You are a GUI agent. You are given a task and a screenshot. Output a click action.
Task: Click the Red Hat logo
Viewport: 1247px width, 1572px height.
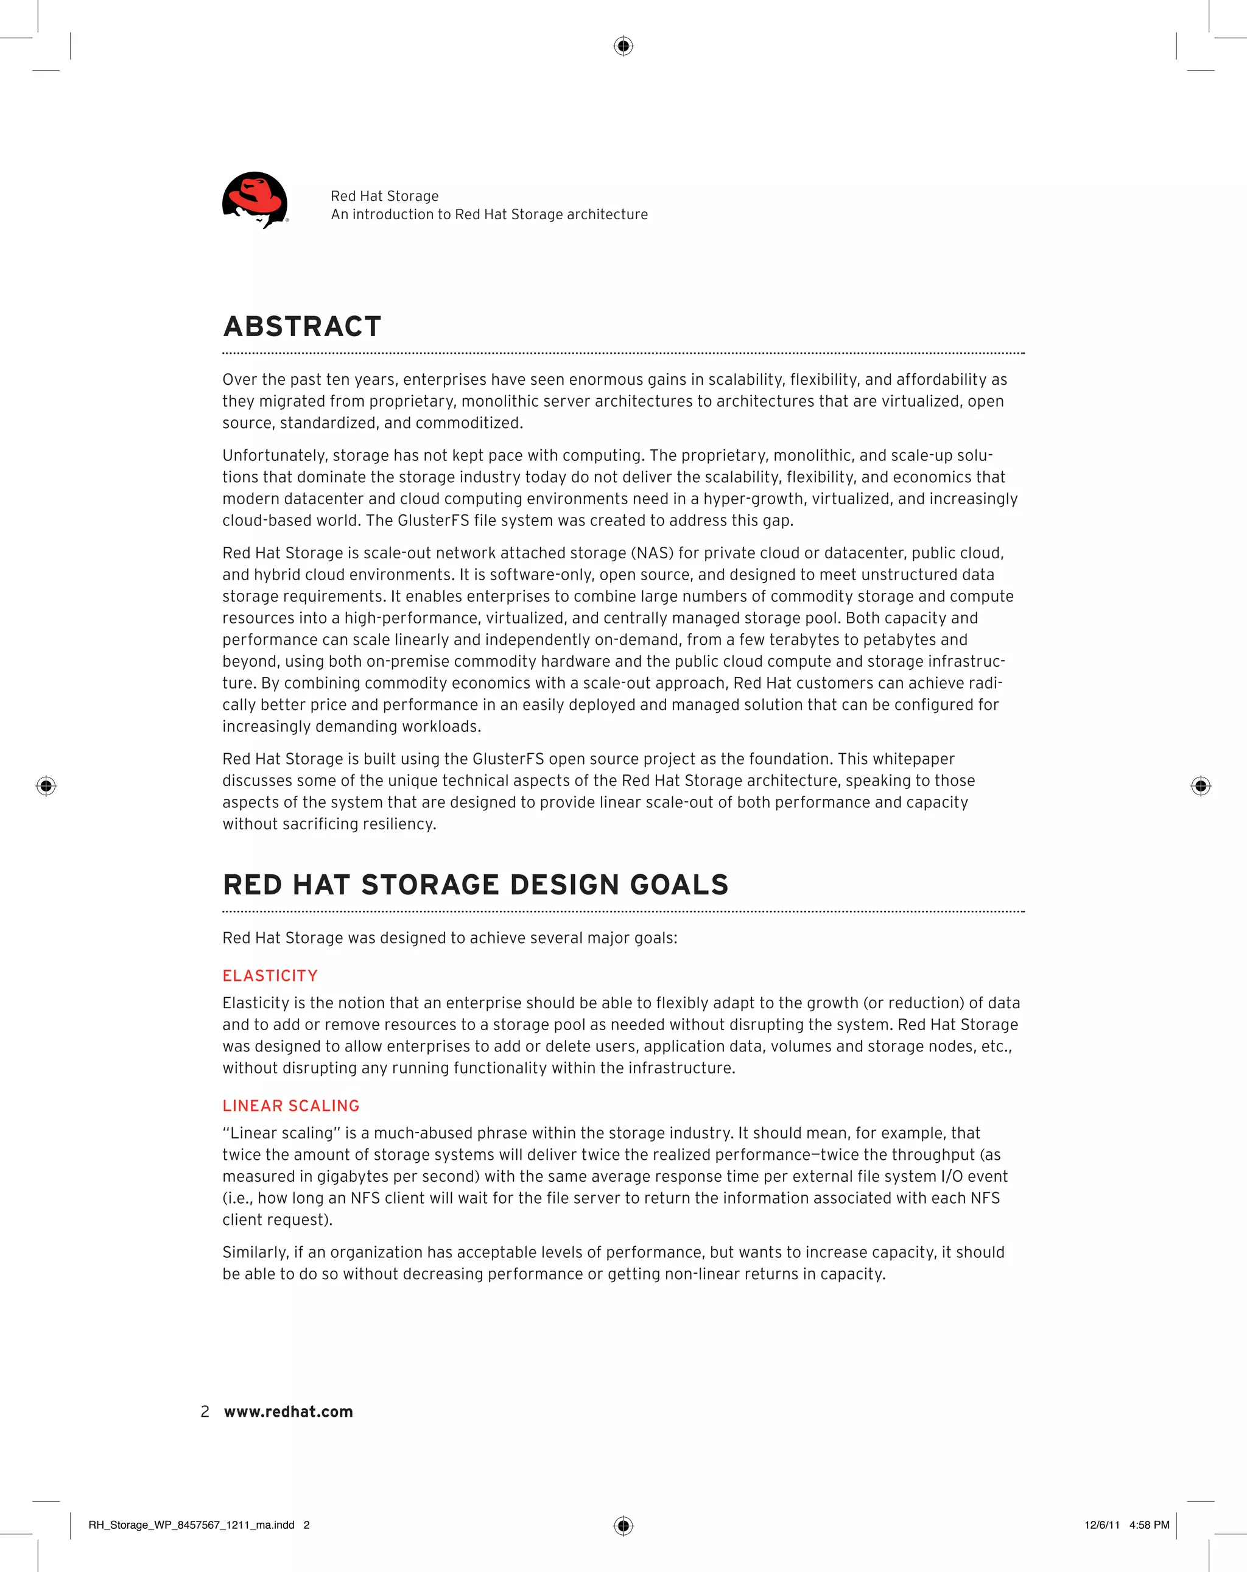click(x=255, y=200)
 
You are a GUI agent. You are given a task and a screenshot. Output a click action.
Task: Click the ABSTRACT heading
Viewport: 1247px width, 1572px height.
click(x=302, y=327)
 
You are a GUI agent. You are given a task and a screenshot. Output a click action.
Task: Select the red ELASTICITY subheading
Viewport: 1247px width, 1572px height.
click(x=270, y=975)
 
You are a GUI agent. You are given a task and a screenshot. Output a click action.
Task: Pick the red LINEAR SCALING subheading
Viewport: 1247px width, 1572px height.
click(x=291, y=1106)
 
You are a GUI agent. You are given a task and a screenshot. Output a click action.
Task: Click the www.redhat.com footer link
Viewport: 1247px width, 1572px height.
click(x=288, y=1412)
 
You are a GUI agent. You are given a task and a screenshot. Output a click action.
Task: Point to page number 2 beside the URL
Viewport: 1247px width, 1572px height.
click(x=205, y=1412)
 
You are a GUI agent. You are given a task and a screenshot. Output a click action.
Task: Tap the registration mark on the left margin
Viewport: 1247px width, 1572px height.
click(x=46, y=786)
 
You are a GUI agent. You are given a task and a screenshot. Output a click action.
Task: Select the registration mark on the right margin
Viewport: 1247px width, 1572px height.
click(x=1200, y=786)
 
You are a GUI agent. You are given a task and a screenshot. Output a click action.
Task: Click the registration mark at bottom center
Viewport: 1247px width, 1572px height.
click(x=623, y=1525)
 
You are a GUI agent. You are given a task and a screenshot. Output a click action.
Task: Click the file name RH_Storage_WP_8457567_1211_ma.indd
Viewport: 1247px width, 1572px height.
click(x=191, y=1525)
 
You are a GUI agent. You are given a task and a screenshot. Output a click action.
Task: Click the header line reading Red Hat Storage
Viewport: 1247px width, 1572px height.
click(x=384, y=196)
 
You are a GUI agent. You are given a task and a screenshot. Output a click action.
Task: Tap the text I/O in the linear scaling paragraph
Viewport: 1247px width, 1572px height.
click(x=952, y=1176)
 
